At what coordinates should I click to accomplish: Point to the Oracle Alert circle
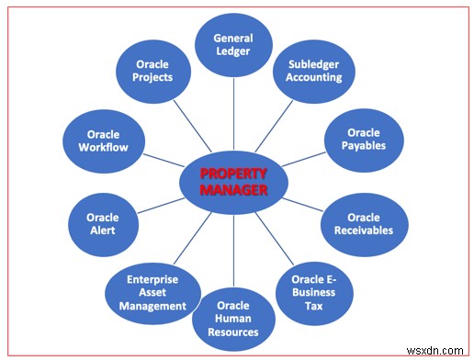(103, 224)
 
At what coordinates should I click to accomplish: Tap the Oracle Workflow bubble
(102, 140)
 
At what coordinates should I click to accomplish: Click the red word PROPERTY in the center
(232, 173)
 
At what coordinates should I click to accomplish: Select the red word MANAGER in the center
(232, 189)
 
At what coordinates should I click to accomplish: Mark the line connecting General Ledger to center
(233, 114)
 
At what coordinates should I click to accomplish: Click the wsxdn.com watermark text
(439, 350)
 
